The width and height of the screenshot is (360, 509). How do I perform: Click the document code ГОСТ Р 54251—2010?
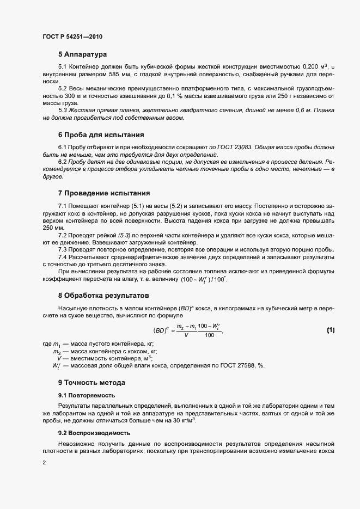pyautogui.click(x=72, y=36)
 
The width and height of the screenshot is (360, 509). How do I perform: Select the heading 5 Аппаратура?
pyautogui.click(x=82, y=54)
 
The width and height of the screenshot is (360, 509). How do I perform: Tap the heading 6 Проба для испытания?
pyautogui.click(x=101, y=134)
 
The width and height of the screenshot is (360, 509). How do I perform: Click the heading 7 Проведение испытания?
pyautogui.click(x=103, y=193)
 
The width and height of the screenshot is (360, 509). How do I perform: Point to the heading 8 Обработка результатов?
pyautogui.click(x=103, y=296)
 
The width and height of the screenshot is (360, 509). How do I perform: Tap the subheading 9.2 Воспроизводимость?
pyautogui.click(x=94, y=433)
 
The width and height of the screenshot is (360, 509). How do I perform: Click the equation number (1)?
pyautogui.click(x=330, y=330)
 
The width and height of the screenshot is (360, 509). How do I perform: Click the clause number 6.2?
pyautogui.click(x=63, y=162)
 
